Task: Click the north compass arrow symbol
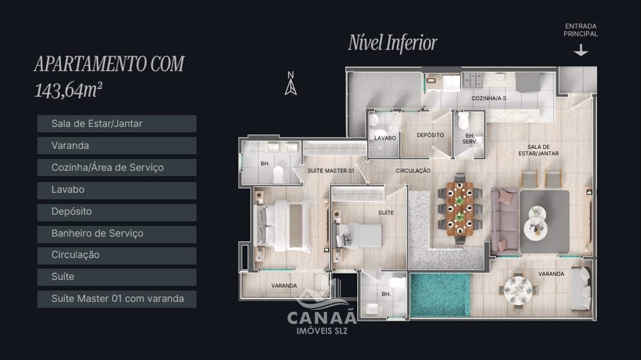click(x=290, y=84)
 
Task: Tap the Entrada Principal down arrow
click(x=580, y=51)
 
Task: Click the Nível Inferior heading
click(x=392, y=43)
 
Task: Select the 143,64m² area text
click(x=68, y=90)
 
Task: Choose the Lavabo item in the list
click(x=116, y=189)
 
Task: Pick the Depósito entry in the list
click(x=116, y=211)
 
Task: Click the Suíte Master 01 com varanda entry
click(x=116, y=298)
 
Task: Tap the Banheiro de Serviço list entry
click(x=116, y=233)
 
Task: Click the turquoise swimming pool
click(x=440, y=294)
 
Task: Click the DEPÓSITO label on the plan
click(x=430, y=135)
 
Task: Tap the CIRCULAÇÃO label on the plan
click(x=413, y=171)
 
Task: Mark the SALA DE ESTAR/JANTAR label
click(x=538, y=150)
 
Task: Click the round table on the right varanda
click(x=518, y=290)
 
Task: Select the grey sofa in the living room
click(x=504, y=221)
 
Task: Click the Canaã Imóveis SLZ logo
click(x=322, y=314)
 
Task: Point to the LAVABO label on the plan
click(x=385, y=138)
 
